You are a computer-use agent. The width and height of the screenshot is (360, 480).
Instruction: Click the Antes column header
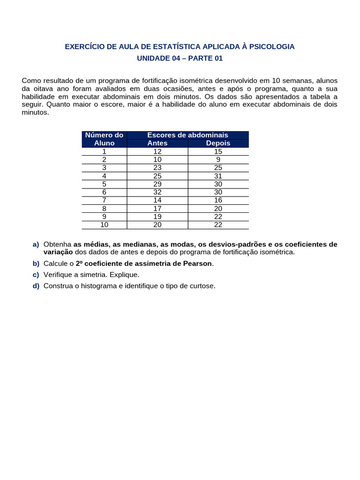coord(157,143)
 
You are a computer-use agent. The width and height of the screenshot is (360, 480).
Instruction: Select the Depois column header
coord(218,143)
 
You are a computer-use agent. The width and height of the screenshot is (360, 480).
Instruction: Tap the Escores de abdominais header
coord(187,135)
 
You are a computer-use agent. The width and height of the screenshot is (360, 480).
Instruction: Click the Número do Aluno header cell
coord(104,139)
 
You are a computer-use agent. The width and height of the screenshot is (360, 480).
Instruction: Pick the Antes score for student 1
coord(157,151)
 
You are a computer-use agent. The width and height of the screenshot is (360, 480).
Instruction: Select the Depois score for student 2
coord(218,159)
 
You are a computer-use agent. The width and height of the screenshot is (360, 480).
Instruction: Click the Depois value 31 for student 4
coord(218,176)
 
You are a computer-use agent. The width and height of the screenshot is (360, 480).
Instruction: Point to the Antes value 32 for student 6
coord(157,192)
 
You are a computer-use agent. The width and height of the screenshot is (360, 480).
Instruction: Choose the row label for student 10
coord(104,225)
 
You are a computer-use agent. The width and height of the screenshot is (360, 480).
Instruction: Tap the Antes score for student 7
coord(157,200)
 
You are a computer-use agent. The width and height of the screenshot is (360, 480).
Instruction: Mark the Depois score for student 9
coord(218,217)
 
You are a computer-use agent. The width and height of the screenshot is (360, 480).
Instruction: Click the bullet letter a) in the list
coord(36,245)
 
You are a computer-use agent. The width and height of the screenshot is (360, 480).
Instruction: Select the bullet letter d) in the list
coord(36,286)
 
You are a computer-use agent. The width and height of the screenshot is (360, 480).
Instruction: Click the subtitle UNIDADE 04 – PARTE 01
coord(180,59)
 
